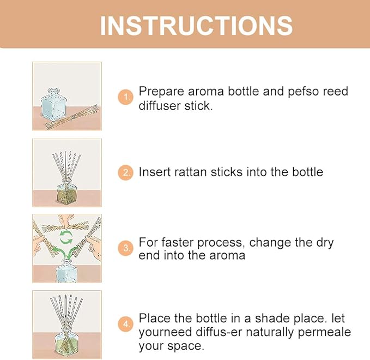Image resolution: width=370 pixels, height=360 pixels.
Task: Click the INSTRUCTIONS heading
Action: coord(196,25)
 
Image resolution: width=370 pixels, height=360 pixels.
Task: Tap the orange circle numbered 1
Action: coord(126,98)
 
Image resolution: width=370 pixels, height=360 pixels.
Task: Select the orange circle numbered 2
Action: coord(126,173)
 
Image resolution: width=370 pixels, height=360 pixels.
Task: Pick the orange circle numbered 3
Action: coord(126,248)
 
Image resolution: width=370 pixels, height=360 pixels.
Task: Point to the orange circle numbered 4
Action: coord(126,325)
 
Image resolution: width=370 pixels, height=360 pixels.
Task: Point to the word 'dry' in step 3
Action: coord(324,242)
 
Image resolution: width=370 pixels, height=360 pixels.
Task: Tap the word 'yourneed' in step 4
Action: coord(162,332)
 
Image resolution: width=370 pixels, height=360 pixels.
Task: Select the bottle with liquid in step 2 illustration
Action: coord(66,191)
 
